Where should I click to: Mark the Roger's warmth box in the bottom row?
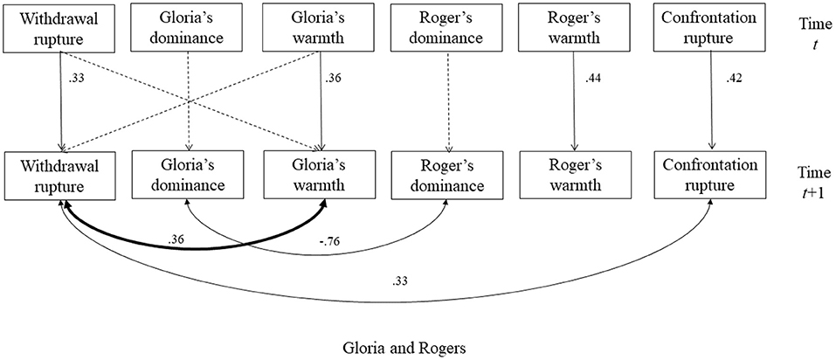pos(575,174)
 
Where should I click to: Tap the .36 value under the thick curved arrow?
pos(181,238)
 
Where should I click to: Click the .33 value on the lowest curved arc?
pos(403,281)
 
